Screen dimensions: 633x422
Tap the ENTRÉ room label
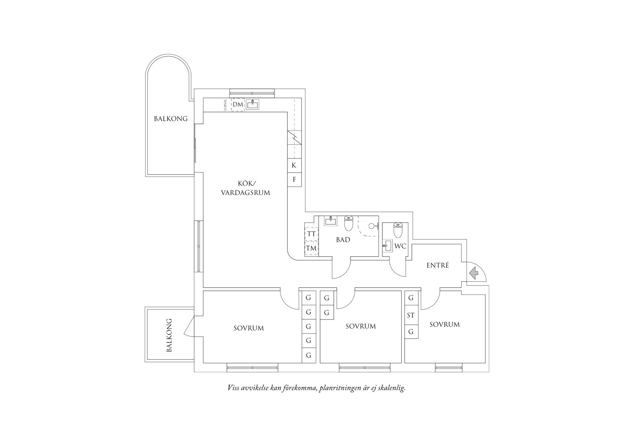coord(438,265)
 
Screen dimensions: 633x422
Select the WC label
coord(400,246)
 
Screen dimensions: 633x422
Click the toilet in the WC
coord(398,230)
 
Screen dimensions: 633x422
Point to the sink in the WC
coord(387,246)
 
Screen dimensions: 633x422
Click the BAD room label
coord(343,240)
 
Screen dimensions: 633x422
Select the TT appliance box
coord(312,234)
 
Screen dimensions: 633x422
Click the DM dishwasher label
coord(238,105)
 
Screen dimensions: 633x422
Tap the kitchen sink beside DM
coord(253,105)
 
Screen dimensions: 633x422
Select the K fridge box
coord(294,165)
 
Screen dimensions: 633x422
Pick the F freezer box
coord(294,180)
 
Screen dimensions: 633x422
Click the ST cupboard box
coord(411,315)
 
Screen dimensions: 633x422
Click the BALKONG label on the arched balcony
coord(171,119)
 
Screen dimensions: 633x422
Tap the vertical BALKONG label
coord(169,335)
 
